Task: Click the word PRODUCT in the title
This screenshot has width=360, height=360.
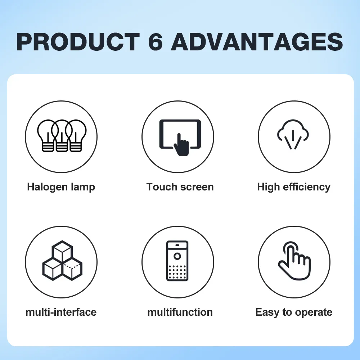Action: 78,42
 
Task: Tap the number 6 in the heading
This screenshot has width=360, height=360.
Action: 156,42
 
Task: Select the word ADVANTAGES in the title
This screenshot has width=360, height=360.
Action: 257,42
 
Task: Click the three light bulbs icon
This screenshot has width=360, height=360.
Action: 62,136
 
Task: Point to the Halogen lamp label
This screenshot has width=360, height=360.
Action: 61,187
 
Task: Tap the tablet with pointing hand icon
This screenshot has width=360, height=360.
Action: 180,137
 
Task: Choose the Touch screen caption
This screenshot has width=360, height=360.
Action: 180,187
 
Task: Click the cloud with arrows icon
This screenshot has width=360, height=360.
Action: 293,135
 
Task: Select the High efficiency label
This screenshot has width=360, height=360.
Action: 294,187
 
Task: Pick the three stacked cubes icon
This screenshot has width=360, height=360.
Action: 62,260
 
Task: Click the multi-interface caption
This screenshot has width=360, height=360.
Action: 61,312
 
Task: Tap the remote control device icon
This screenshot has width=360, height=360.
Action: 177,261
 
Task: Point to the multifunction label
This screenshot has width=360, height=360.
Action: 180,312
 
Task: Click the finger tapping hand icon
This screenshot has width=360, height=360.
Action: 294,261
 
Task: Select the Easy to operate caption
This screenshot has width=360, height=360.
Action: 294,312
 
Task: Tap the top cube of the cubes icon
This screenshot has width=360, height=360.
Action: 62,251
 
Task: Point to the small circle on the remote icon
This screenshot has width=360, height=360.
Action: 177,256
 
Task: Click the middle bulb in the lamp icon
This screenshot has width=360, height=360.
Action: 62,136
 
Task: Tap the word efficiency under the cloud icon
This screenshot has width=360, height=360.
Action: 307,187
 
